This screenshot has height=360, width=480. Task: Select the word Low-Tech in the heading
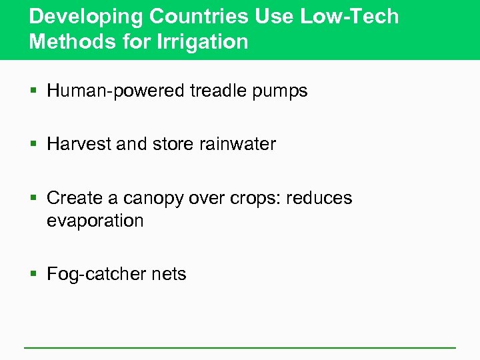pos(349,16)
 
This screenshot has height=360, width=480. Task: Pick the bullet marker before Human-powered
pos(35,92)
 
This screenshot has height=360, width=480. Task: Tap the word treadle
pos(213,91)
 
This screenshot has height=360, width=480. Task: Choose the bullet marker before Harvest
pos(35,145)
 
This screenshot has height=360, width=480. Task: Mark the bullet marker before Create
pos(35,199)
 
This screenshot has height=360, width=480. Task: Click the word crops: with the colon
pos(259,199)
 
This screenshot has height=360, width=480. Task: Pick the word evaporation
pos(95,220)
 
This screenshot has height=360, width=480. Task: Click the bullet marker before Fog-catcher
pos(35,275)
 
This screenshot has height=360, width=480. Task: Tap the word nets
pos(171,274)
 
